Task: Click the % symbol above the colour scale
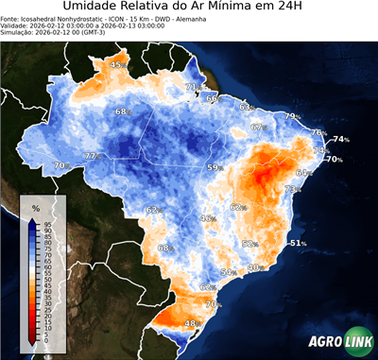tap(35, 207)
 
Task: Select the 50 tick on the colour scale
tap(47, 280)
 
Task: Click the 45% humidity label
tap(118, 64)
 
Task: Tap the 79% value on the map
tap(293, 116)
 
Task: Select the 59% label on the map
tap(215, 167)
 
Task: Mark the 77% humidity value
tap(92, 156)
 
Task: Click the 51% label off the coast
tap(298, 243)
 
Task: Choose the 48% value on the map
tap(191, 323)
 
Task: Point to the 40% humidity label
tap(254, 268)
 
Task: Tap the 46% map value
tap(207, 218)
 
